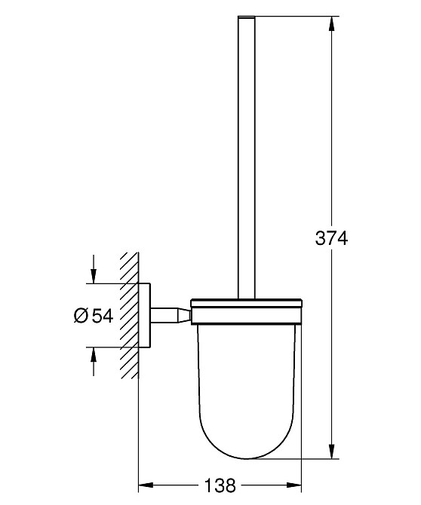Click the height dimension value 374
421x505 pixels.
330,239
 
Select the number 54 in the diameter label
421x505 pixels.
102,316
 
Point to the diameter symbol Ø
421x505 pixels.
82,316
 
